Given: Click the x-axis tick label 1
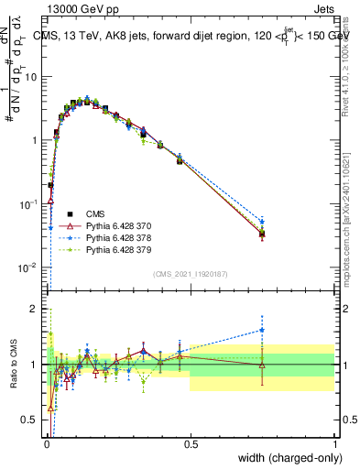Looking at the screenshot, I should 334,444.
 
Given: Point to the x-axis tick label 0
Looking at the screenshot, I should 46,444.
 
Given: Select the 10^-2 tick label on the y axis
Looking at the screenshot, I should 28,267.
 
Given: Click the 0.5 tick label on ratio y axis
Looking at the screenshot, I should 31,421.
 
